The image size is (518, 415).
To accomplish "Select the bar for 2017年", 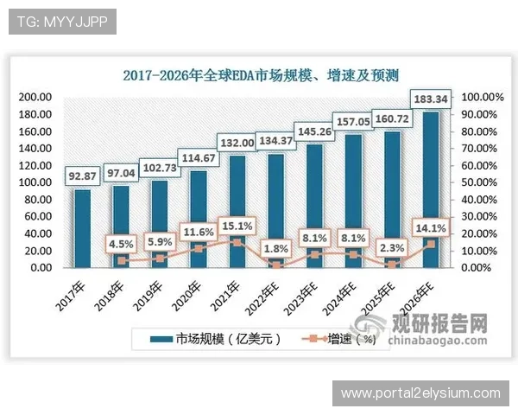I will coord(82,228).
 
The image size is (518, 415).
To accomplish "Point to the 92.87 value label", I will coord(81,176).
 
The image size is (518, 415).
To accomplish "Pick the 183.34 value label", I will coord(431,99).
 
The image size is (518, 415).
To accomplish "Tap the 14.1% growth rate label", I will coord(430,229).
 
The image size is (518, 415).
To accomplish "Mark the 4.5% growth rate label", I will coord(122,243).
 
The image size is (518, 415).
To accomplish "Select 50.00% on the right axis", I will coord(478,182).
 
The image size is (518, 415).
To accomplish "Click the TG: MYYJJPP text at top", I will coord(57,21).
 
